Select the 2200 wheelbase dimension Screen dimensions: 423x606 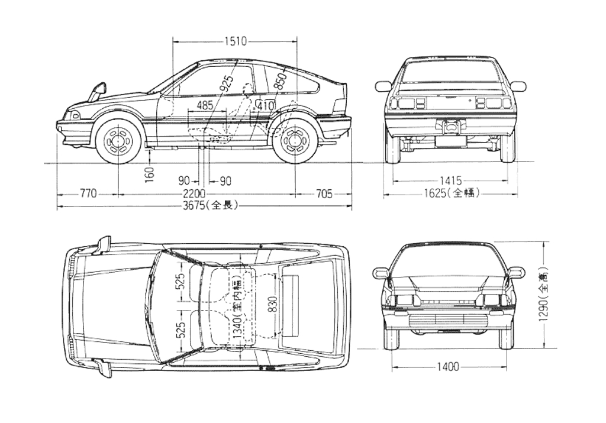[194, 193]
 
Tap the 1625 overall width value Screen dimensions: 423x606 [451, 193]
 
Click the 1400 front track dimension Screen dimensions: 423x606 [448, 367]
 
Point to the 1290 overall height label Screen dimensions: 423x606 [544, 298]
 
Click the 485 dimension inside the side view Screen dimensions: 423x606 [205, 105]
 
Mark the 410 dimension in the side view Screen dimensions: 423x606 [266, 105]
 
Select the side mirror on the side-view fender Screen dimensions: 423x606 [98, 92]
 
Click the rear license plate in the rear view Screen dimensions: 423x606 [450, 140]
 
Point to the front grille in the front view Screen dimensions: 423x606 [448, 319]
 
